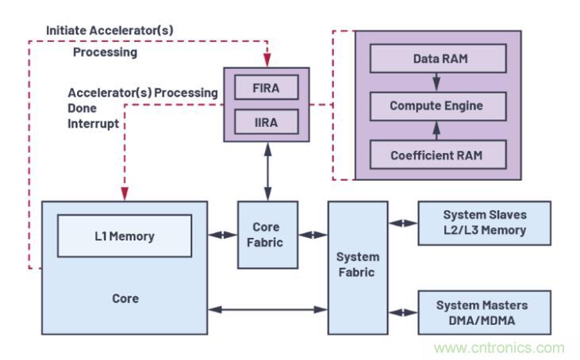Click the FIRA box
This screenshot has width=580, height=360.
(267, 86)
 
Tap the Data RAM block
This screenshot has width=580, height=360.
(438, 59)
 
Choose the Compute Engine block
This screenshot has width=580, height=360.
(438, 105)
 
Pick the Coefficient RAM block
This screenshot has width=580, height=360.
(438, 155)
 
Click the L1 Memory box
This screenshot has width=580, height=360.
(125, 236)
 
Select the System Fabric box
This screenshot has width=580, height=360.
(358, 266)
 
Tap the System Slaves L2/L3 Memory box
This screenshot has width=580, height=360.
(484, 223)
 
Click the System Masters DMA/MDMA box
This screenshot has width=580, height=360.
(484, 312)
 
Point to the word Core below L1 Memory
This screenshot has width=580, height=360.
(125, 299)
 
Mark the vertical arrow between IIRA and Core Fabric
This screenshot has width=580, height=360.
(267, 170)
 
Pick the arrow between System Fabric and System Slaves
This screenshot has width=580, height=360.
(403, 223)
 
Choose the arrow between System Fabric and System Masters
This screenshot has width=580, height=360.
(403, 312)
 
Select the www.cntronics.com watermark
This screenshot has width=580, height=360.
(499, 347)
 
